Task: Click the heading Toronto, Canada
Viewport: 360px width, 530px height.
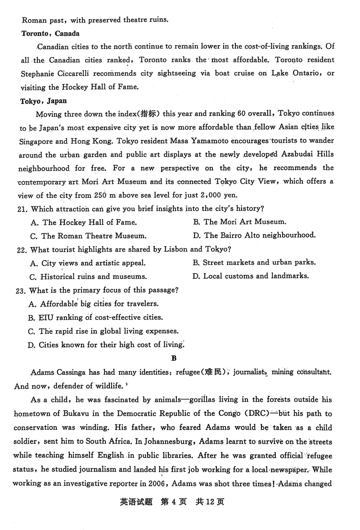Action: pyautogui.click(x=50, y=33)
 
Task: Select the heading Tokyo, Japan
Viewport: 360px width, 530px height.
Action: pyautogui.click(x=44, y=101)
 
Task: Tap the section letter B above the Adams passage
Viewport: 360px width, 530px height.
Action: pyautogui.click(x=174, y=359)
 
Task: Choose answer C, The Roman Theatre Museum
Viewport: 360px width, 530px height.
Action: pyautogui.click(x=88, y=235)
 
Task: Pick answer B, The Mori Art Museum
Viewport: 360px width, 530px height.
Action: pyautogui.click(x=239, y=222)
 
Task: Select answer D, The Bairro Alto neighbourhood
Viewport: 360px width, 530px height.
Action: pyautogui.click(x=254, y=235)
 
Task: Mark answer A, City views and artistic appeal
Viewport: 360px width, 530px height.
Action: pyautogui.click(x=88, y=263)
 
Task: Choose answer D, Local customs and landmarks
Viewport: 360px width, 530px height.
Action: pyautogui.click(x=251, y=276)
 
